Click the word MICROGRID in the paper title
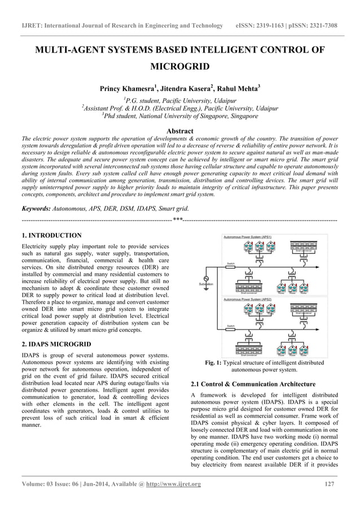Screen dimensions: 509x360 pos(179,67)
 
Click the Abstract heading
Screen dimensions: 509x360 pos(179,130)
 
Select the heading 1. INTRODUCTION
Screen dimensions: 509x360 pos(51,235)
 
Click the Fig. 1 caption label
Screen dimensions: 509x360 pos(218,362)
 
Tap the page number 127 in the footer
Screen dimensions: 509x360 pos(331,484)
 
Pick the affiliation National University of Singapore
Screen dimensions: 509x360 pos(179,116)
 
